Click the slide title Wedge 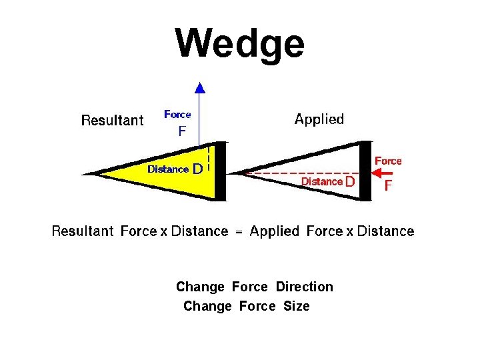point(240,44)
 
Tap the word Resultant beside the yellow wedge point(112,121)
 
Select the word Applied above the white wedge point(319,120)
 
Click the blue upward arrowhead point(199,86)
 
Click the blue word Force point(177,115)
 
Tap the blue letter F point(182,132)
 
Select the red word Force point(388,161)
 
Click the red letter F point(389,185)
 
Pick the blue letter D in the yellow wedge point(197,169)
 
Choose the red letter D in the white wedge point(350,181)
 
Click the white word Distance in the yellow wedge point(168,169)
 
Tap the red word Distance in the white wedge point(321,181)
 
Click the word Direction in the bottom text point(304,287)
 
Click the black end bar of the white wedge point(365,171)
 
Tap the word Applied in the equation point(275,232)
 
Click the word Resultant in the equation point(83,232)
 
